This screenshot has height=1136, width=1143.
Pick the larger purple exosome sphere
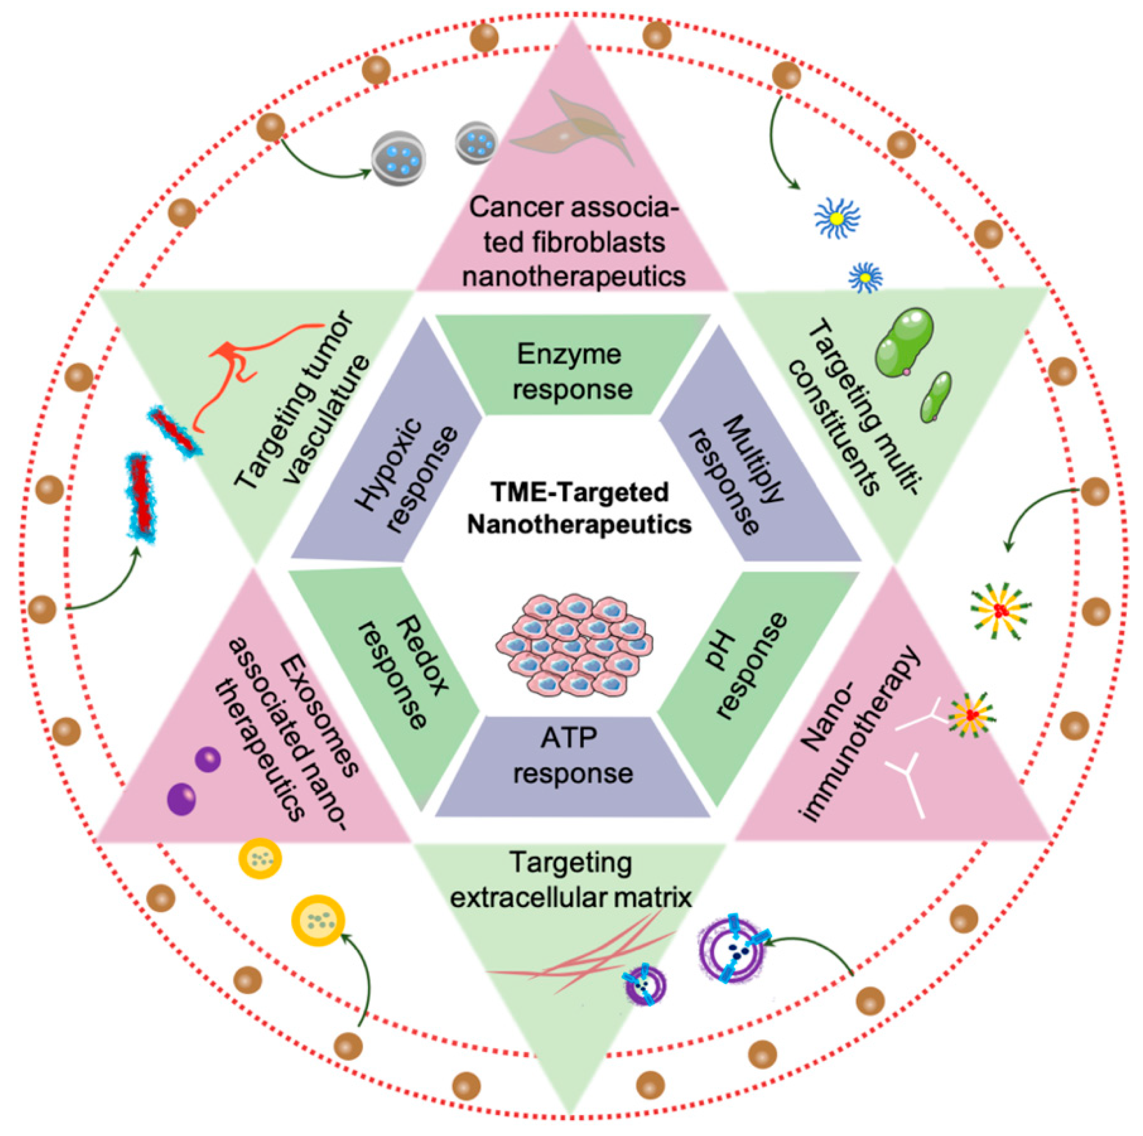[x=182, y=799]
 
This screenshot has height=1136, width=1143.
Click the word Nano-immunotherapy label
[x=858, y=737]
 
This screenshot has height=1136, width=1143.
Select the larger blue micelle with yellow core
[x=837, y=218]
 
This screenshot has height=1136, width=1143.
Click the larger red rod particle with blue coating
[x=141, y=498]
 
